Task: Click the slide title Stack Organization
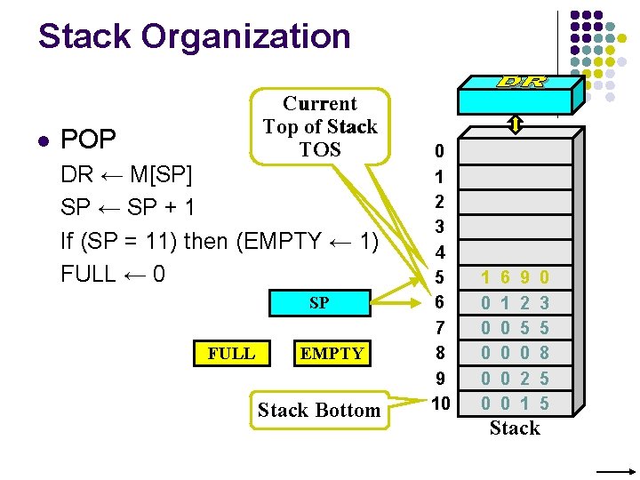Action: coord(194,36)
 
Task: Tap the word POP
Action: coord(88,140)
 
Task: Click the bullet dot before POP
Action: coord(42,140)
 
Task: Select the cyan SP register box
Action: coord(319,303)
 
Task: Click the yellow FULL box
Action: coord(231,353)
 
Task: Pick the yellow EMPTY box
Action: coord(332,353)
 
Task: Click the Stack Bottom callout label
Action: coord(319,410)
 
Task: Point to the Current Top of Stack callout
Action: coord(320,126)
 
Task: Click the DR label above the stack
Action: coord(522,82)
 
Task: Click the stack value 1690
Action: coord(515,278)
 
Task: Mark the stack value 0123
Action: coord(515,303)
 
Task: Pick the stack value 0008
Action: coord(515,354)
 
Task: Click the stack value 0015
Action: coord(515,404)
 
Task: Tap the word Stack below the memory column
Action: coord(515,428)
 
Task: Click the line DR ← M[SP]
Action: coord(126,174)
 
